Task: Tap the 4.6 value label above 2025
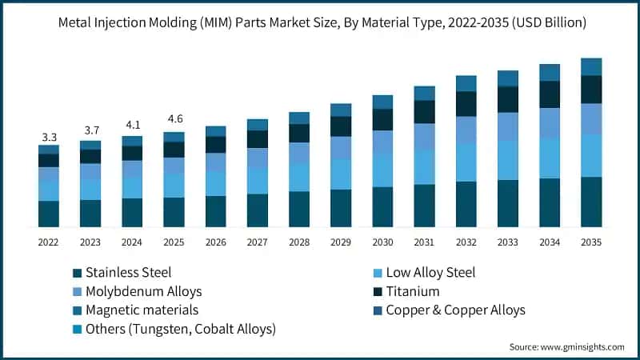[x=174, y=119]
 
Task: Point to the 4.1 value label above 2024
[x=132, y=125]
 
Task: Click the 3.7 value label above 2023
[x=90, y=130]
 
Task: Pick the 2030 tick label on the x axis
[x=382, y=241]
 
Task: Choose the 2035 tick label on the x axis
[x=590, y=241]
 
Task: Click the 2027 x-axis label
[x=257, y=241]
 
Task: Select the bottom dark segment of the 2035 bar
[x=590, y=202]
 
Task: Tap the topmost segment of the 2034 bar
[x=549, y=72]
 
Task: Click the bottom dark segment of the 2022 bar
[x=49, y=214]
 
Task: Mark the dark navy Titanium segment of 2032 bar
[x=466, y=104]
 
